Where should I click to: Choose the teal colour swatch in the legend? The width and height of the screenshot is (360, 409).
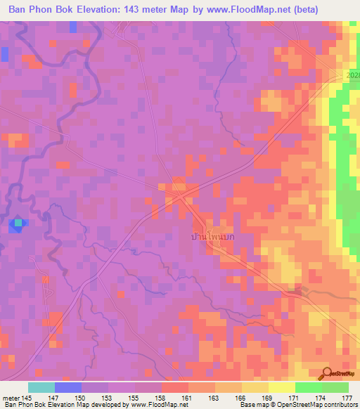click(41, 387)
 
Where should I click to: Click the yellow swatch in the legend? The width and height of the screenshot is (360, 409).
click(281, 387)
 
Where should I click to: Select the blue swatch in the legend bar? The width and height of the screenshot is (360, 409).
click(68, 387)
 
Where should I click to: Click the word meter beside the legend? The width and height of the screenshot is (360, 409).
click(10, 398)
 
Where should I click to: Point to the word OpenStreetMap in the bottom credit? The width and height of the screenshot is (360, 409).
click(303, 405)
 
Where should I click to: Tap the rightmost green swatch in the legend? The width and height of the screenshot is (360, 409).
click(335, 387)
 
